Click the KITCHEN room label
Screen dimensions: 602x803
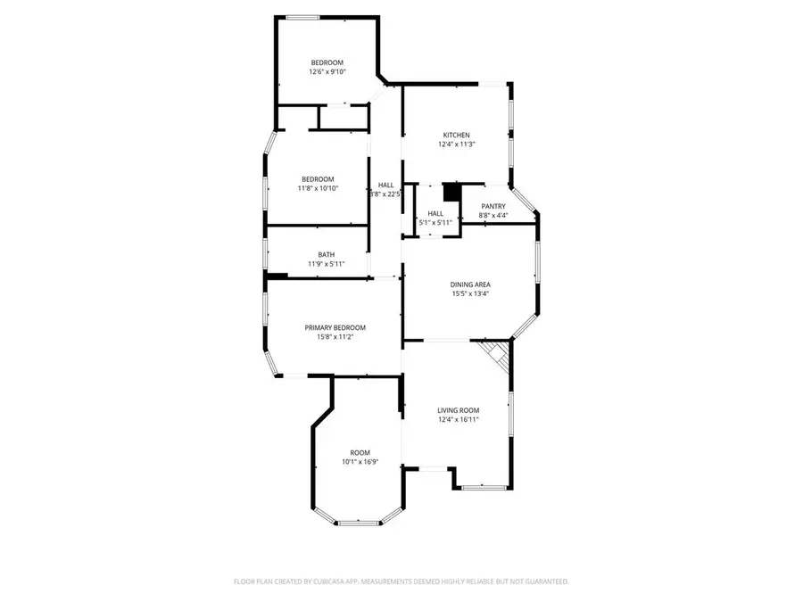point(456,136)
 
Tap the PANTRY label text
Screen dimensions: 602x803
point(493,206)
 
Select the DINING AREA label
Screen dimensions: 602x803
point(469,285)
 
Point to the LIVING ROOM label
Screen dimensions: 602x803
point(459,410)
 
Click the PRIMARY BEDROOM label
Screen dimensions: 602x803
point(335,327)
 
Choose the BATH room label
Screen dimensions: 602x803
point(326,255)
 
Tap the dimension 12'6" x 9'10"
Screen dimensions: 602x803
point(327,71)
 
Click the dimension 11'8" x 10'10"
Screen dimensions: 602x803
point(317,188)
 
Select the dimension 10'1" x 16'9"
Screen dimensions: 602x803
point(360,461)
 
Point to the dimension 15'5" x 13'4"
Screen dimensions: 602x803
point(469,293)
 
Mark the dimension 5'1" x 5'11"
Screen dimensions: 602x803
point(435,222)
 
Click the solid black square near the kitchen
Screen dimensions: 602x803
point(451,192)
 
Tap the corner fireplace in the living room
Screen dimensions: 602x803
point(497,354)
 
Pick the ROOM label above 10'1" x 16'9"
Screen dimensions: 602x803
point(360,452)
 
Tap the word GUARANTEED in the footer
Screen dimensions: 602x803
point(544,581)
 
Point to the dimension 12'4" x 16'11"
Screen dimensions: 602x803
point(459,419)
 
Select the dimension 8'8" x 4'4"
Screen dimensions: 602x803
point(493,215)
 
